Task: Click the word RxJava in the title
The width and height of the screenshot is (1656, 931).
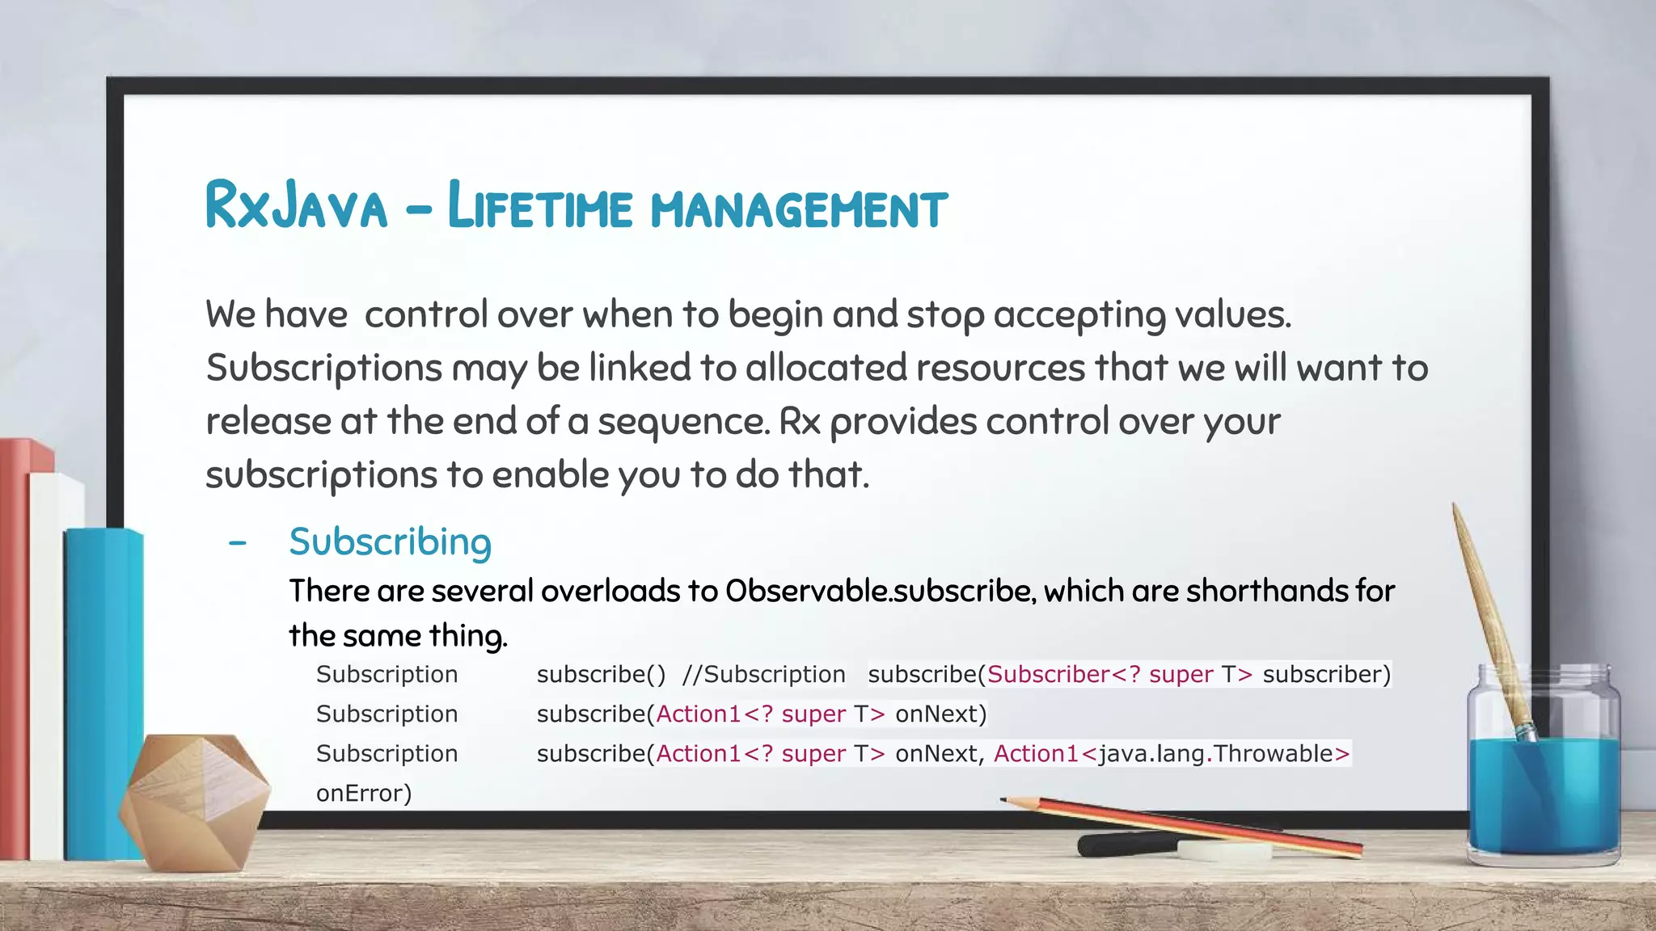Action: pos(297,206)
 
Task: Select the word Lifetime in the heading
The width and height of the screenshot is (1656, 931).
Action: pos(539,206)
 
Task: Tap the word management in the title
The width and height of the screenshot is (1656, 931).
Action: pos(799,209)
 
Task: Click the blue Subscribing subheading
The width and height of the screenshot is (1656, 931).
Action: pos(390,541)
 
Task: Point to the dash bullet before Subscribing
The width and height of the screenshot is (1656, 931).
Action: pos(237,543)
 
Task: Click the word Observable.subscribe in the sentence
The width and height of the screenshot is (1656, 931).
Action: pos(880,592)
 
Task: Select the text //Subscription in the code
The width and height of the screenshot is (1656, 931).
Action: pos(763,674)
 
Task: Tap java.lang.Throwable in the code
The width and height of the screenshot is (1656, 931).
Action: pos(1215,753)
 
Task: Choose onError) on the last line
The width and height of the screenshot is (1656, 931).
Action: pos(364,793)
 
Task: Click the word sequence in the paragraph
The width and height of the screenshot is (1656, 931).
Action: pos(683,422)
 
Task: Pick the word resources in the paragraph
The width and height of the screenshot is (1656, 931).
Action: pos(999,369)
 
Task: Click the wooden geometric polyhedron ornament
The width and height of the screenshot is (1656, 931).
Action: pos(194,800)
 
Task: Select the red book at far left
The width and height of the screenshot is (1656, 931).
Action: pos(14,647)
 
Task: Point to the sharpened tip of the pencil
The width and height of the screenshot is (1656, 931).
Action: pos(1005,800)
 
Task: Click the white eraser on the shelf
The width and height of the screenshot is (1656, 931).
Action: pos(1224,850)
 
